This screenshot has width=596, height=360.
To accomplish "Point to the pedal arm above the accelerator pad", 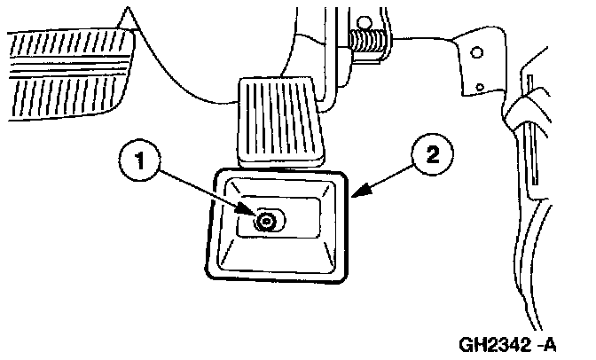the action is click(319, 53).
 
